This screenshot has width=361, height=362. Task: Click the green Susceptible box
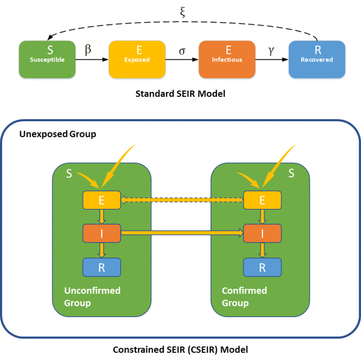click(x=47, y=59)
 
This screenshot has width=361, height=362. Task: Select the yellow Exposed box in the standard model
click(x=137, y=59)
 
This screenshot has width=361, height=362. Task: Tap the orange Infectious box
click(x=227, y=59)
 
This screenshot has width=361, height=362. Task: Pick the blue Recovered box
click(x=317, y=59)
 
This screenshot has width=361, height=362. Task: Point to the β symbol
click(x=88, y=50)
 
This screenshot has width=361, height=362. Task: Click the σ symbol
click(x=182, y=51)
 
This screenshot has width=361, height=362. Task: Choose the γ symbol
click(x=271, y=51)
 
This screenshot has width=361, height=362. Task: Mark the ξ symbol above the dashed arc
click(x=182, y=13)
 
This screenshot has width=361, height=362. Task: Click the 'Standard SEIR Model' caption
click(x=180, y=94)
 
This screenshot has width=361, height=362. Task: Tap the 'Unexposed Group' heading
click(x=57, y=134)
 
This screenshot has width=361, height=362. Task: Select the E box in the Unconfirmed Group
click(x=101, y=200)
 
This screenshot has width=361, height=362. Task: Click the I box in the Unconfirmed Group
click(x=101, y=234)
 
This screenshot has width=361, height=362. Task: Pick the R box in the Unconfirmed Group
click(x=101, y=268)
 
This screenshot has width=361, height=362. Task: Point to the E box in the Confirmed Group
click(x=262, y=200)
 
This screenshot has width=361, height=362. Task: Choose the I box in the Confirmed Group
click(x=262, y=234)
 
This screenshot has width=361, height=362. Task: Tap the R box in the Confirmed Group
click(x=262, y=268)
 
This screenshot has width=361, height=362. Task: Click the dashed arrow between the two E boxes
click(x=182, y=199)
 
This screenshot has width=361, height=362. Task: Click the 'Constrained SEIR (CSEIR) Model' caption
click(x=180, y=350)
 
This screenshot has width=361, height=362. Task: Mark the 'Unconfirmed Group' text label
click(x=92, y=296)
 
